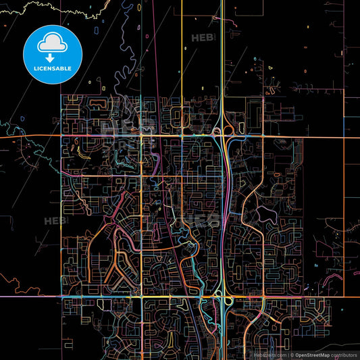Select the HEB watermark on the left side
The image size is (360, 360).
(x=54, y=220)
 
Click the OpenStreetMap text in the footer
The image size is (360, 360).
(x=315, y=354)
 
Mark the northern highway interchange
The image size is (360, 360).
(x=222, y=131)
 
